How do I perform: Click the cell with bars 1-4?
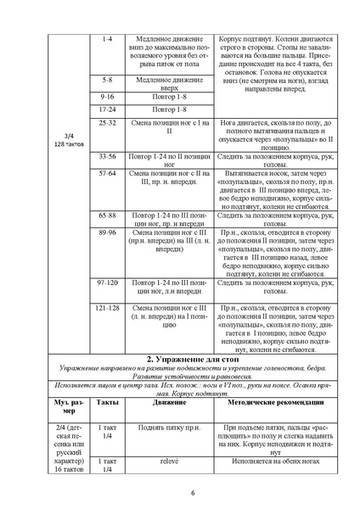(x=106, y=40)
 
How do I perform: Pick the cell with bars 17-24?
(x=107, y=110)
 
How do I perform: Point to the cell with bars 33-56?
(x=107, y=157)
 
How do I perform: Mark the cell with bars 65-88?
(x=107, y=216)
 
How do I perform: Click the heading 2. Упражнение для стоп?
(x=181, y=360)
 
